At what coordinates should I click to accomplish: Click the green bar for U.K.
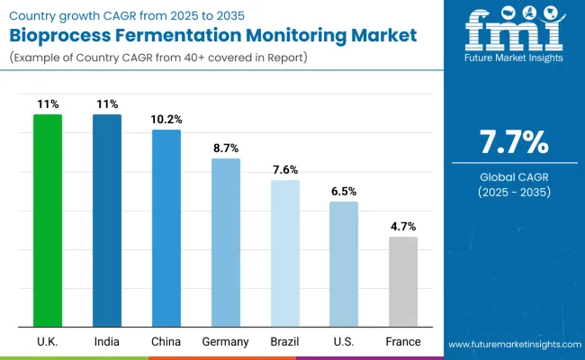47,220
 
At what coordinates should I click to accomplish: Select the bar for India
107,220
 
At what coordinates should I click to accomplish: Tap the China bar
166,229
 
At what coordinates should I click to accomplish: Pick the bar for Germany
225,243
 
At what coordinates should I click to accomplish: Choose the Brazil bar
284,254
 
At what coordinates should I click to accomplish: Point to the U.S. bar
344,265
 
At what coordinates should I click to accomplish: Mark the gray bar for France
403,282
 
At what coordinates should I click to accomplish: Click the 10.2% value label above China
166,120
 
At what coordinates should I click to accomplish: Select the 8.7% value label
225,148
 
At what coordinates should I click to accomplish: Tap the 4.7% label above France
403,227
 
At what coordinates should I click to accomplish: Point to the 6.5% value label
344,191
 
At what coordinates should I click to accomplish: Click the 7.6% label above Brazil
284,169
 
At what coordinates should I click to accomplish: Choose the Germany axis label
225,342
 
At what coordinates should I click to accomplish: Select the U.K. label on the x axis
47,342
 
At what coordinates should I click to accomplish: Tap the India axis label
107,342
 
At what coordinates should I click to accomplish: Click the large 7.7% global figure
513,142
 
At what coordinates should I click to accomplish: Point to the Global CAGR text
513,176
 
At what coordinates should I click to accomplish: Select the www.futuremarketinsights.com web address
512,345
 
